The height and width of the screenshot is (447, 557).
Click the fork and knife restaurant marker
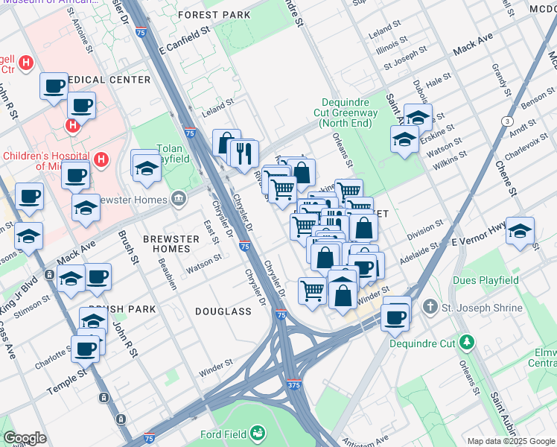click(x=243, y=154)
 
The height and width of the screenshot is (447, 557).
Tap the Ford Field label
click(x=226, y=434)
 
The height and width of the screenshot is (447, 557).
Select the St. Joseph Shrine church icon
click(x=430, y=307)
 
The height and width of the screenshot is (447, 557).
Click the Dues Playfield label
click(x=485, y=281)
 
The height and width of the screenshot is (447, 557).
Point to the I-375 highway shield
click(x=295, y=385)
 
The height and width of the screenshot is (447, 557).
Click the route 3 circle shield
click(x=506, y=121)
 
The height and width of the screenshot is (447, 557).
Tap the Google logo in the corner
click(x=25, y=438)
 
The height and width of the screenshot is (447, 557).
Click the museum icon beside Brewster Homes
click(x=179, y=198)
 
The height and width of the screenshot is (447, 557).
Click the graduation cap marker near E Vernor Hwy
click(x=520, y=230)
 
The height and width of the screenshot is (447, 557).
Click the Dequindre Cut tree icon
click(x=467, y=342)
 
